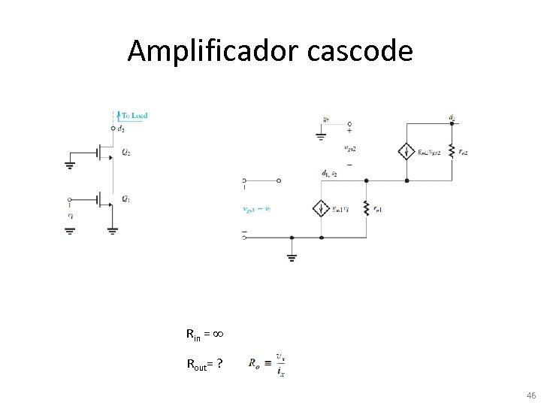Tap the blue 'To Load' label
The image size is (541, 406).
tap(134, 115)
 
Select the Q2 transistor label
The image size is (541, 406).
tap(126, 152)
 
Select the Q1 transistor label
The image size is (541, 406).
tap(126, 198)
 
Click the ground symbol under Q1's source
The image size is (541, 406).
tap(111, 230)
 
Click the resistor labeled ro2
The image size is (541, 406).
tap(451, 151)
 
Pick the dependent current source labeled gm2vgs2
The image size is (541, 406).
tap(407, 151)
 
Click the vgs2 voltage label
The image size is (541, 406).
tap(349, 148)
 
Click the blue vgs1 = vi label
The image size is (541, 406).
tap(257, 209)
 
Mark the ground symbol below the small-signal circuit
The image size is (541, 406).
tap(292, 257)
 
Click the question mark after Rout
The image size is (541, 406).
tap(219, 365)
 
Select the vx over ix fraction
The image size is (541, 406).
tap(280, 365)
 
